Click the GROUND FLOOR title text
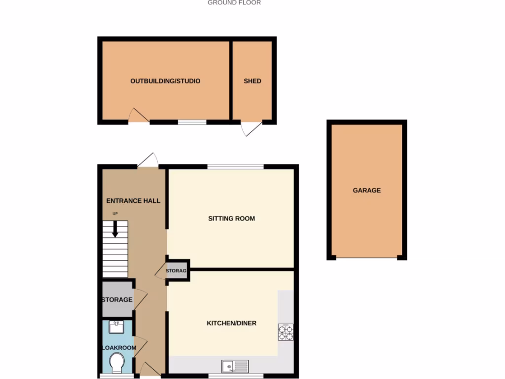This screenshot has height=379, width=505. click(x=234, y=3)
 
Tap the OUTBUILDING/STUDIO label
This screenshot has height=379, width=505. click(x=165, y=81)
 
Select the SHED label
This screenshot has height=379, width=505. click(x=252, y=81)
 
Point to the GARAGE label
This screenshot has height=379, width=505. click(x=366, y=190)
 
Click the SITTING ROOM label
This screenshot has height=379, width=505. click(x=231, y=218)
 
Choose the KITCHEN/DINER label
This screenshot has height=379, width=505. click(x=231, y=323)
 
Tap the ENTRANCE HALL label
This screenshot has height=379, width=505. click(x=133, y=201)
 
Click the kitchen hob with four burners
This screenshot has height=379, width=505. click(x=286, y=332)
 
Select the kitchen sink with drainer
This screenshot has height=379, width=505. click(x=235, y=366)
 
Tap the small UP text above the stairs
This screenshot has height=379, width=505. click(x=115, y=214)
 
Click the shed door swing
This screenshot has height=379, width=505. click(x=251, y=129)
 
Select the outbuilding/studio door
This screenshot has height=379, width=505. click(x=139, y=116)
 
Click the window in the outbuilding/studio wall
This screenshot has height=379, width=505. click(x=192, y=121)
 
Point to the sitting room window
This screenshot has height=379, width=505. click(x=235, y=166)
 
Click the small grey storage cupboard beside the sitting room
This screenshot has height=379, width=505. click(x=177, y=271)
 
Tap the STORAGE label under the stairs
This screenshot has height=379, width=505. click(x=117, y=300)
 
